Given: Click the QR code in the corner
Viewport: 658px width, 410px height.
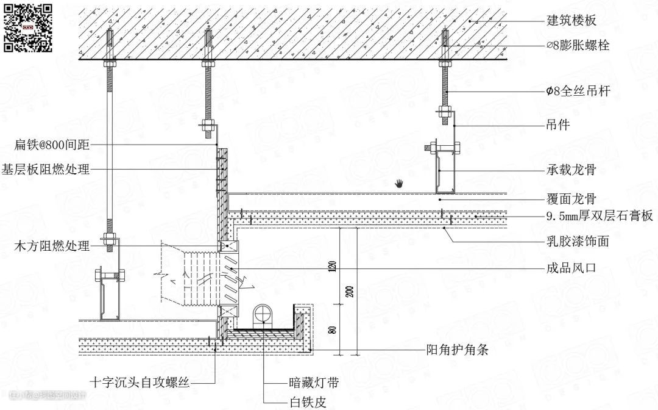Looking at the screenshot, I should pyautogui.click(x=27, y=27).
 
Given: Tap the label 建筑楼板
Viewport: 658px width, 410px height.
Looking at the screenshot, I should pyautogui.click(x=571, y=21).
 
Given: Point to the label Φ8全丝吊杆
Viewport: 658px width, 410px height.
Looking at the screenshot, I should pyautogui.click(x=578, y=91).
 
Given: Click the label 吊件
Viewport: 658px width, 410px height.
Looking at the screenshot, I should pyautogui.click(x=557, y=125).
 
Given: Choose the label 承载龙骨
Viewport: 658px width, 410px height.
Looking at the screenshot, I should pyautogui.click(x=571, y=170).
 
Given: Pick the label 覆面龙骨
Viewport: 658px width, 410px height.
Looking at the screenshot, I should pyautogui.click(x=571, y=198).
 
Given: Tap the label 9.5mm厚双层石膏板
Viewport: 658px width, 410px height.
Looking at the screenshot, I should pyautogui.click(x=600, y=216).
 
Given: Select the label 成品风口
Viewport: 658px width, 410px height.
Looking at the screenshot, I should pyautogui.click(x=571, y=268).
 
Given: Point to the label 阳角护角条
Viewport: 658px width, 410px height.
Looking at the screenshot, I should pyautogui.click(x=456, y=350).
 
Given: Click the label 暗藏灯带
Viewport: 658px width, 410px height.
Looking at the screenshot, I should pyautogui.click(x=314, y=383).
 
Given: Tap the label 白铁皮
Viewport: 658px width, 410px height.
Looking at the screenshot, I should pyautogui.click(x=307, y=402).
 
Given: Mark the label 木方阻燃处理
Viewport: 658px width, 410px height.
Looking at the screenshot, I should pyautogui.click(x=52, y=246).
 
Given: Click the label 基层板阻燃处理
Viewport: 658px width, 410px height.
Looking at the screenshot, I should pyautogui.click(x=46, y=169).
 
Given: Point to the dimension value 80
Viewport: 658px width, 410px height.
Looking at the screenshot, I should pyautogui.click(x=333, y=329).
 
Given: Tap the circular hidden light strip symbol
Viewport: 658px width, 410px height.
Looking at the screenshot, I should pyautogui.click(x=263, y=314).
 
